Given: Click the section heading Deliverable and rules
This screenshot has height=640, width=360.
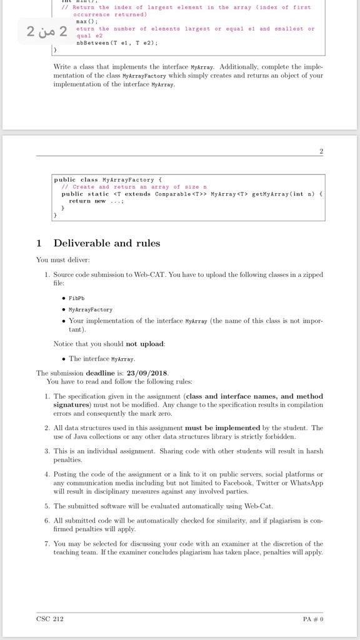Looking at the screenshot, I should (x=106, y=243).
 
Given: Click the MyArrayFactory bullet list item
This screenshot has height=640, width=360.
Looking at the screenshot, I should (x=91, y=309).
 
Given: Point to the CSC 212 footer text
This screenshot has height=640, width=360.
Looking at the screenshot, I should (x=50, y=619).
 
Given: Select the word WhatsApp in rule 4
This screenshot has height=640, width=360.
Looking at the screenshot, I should (x=306, y=483).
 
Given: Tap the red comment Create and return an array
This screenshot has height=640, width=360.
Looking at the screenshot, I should (x=131, y=187).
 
